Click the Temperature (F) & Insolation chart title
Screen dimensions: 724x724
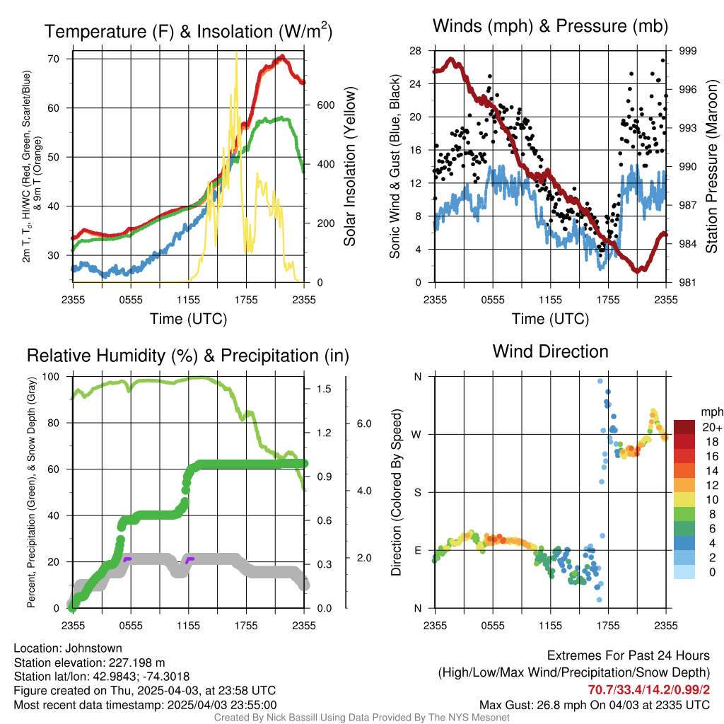pos(188,32)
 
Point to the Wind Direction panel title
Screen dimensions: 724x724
pos(550,351)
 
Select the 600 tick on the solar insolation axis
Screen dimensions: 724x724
pos(325,105)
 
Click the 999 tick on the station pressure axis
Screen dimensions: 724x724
pos(689,51)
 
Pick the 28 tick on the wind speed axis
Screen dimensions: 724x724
pos(415,51)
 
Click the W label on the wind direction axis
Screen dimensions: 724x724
pos(417,434)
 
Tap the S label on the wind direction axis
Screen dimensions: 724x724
pos(418,492)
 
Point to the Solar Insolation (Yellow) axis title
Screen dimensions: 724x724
pos(349,167)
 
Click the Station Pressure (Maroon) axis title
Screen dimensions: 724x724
pos(712,167)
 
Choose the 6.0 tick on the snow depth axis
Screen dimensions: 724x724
pos(363,424)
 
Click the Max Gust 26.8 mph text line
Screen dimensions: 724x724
pos(595,705)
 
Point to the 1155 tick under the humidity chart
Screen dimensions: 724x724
pos(188,624)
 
